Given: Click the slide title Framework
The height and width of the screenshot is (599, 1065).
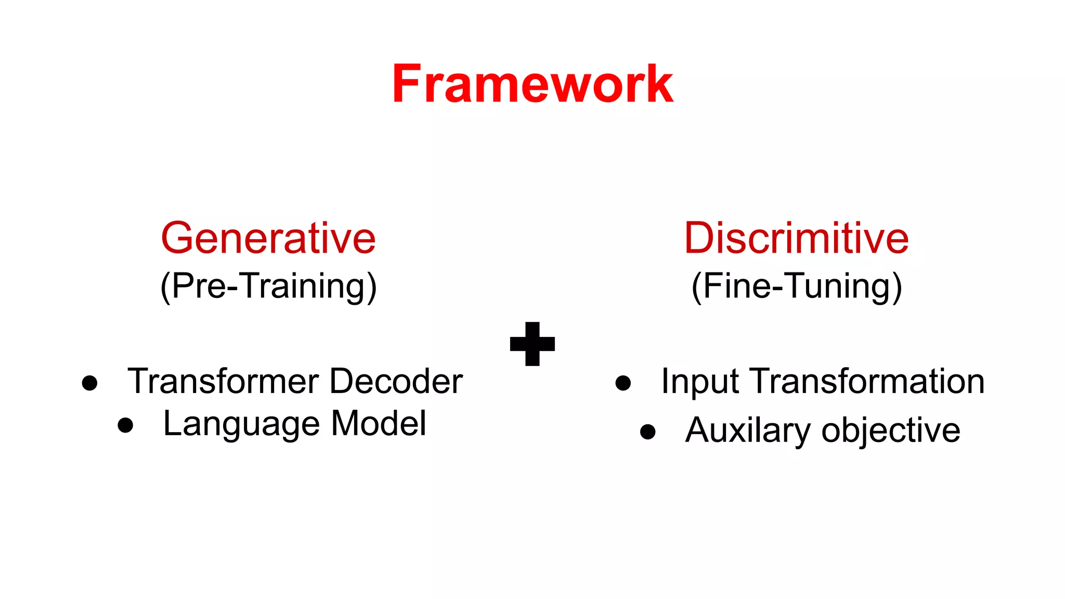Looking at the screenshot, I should pos(532,84).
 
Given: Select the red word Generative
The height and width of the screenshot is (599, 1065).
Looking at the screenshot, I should pos(268,238).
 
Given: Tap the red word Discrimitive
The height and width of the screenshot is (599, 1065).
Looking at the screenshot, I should pos(796,238).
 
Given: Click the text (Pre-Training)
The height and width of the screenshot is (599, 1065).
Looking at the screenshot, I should pos(268,287).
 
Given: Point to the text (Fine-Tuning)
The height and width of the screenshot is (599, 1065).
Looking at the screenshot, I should pos(796,287).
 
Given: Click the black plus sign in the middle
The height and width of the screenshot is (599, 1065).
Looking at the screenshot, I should pos(532,344).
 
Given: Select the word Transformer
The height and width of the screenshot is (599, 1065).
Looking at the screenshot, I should pos(224,381).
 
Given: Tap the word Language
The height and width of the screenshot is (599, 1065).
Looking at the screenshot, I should pos(241,424).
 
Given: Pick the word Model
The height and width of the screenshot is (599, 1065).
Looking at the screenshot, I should pos(379,423).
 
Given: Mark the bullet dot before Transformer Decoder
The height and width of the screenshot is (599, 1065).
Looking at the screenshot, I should pos(90,383).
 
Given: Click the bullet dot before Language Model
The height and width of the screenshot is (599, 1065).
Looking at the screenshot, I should pos(125,425).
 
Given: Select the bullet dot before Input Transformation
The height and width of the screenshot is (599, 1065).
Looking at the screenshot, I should pos(623,383).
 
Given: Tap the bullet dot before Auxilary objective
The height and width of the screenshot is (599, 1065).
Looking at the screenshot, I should pos(648,432).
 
